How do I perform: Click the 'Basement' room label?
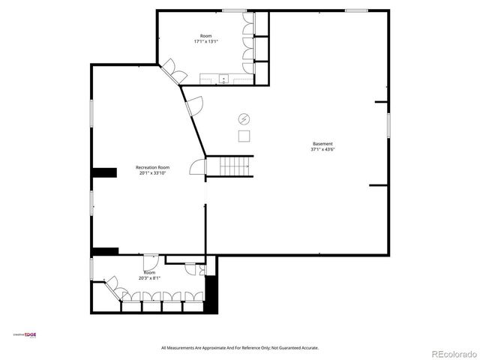(322, 144)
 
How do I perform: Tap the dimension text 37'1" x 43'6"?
(322, 149)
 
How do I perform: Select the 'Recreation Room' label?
(152, 167)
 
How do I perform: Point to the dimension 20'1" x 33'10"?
(152, 173)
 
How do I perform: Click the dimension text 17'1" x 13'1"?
(205, 41)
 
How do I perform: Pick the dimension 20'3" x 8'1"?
(149, 277)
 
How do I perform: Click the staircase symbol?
(229, 166)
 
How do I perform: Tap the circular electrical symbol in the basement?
(244, 118)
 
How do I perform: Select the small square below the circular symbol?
(244, 136)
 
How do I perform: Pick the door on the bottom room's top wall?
(149, 262)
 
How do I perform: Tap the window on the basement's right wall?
(388, 124)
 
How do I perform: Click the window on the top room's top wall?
(234, 10)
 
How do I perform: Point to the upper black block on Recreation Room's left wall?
(104, 172)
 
